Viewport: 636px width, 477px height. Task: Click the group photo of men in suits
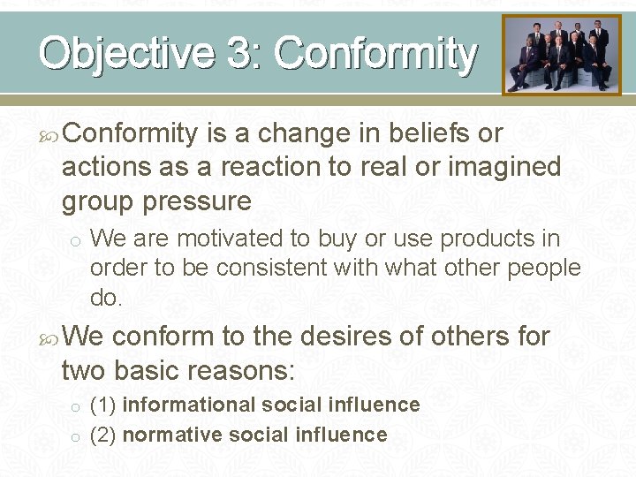click(x=562, y=55)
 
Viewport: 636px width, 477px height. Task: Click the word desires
click(x=349, y=337)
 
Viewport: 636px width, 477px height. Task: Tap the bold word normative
click(x=171, y=435)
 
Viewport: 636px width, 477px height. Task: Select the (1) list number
click(x=103, y=405)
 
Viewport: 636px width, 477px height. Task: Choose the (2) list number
click(x=103, y=435)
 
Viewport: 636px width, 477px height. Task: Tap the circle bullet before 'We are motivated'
click(x=77, y=240)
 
